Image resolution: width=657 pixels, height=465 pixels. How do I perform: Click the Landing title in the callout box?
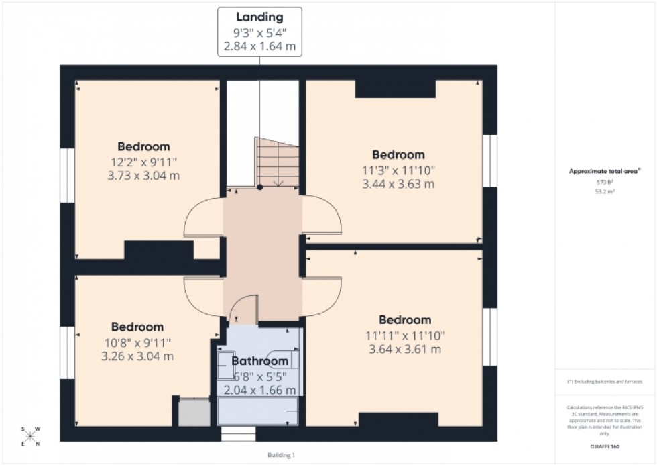click(259, 17)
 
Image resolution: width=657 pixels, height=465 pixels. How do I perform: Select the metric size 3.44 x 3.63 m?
click(398, 183)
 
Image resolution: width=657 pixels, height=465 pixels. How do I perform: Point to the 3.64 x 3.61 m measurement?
click(404, 349)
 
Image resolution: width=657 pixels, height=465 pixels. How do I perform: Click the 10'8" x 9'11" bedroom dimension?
click(137, 342)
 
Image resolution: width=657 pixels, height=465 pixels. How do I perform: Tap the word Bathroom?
click(259, 361)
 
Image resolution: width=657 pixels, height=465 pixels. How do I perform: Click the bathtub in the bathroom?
click(259, 410)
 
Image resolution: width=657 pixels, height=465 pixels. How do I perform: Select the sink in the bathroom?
click(226, 365)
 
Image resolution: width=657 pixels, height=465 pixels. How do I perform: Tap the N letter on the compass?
click(38, 444)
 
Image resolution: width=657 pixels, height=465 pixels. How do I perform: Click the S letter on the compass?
click(23, 429)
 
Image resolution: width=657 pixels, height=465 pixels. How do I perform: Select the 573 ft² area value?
click(605, 182)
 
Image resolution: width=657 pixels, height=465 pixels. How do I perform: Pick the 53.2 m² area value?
click(605, 191)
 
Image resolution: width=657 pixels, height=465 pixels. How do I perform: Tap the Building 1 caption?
click(280, 455)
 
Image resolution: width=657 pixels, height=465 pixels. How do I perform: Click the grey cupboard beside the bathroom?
click(194, 412)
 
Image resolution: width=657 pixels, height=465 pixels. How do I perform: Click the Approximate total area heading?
click(605, 171)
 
